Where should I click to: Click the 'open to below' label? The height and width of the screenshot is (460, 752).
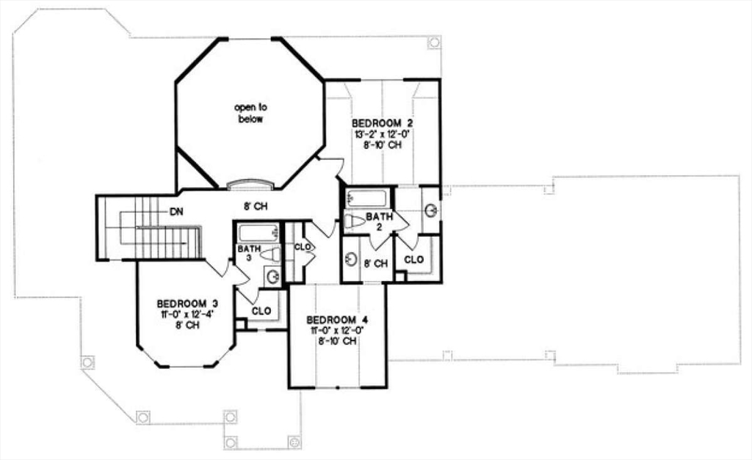[250, 113]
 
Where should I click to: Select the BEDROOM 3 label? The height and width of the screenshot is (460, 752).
[187, 303]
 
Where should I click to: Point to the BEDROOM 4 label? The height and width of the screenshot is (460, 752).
[336, 320]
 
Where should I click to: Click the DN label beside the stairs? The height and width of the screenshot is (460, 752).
[176, 212]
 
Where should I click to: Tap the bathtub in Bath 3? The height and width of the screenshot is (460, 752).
[257, 233]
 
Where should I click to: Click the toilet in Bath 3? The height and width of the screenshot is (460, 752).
[270, 255]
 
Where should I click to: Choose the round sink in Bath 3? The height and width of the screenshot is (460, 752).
[272, 277]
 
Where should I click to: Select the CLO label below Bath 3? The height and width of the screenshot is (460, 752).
[261, 311]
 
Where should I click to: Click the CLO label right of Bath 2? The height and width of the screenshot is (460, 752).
[414, 260]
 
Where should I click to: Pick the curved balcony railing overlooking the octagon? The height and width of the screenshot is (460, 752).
[250, 184]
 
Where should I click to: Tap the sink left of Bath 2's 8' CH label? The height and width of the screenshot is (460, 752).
[351, 260]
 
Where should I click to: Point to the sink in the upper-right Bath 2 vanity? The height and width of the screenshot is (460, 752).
[430, 211]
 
